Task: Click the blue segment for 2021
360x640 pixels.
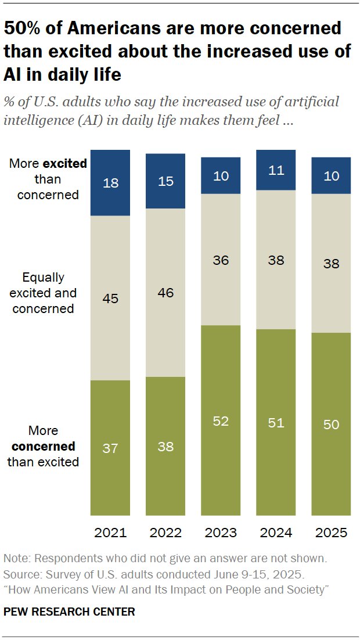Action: (110, 182)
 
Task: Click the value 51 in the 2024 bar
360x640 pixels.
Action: (276, 422)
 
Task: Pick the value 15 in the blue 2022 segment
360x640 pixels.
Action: (165, 182)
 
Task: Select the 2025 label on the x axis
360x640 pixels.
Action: (331, 533)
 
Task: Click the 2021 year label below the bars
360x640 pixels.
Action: (110, 533)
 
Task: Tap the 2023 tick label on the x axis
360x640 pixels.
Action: (221, 533)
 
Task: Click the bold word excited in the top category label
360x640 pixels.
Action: (67, 164)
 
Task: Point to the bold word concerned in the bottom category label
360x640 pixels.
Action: (44, 447)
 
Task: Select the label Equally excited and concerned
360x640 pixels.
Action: (44, 293)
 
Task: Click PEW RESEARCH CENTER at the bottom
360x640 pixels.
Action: (69, 612)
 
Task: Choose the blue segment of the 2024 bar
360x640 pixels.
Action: (276, 169)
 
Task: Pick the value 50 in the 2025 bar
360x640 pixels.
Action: (331, 425)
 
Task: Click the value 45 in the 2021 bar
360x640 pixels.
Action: (110, 299)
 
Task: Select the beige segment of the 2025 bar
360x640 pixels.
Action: (331, 263)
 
